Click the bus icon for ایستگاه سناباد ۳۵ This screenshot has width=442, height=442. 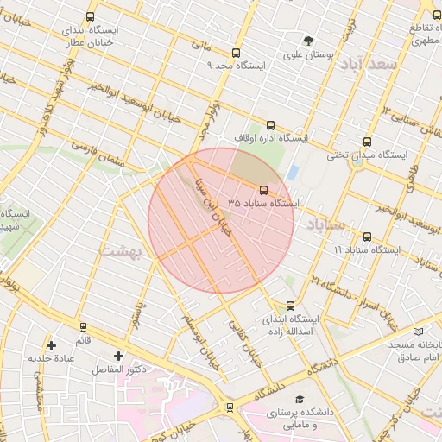(x=263, y=190)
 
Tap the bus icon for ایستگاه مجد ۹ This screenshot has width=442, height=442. (x=237, y=53)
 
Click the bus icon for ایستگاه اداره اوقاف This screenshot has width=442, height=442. (x=271, y=124)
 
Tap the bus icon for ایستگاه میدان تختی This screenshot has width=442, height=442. (x=368, y=142)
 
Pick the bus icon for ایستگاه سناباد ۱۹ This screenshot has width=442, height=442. (x=368, y=237)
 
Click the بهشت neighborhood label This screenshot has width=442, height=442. (x=120, y=251)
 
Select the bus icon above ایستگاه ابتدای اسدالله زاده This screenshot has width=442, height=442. (x=290, y=306)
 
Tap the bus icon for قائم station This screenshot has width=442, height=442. (x=83, y=327)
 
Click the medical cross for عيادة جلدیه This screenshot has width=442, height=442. (x=52, y=344)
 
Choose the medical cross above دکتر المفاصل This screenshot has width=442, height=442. (x=118, y=356)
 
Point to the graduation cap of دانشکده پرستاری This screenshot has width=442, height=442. (x=299, y=399)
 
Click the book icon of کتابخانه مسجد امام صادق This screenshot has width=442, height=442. (x=419, y=331)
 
